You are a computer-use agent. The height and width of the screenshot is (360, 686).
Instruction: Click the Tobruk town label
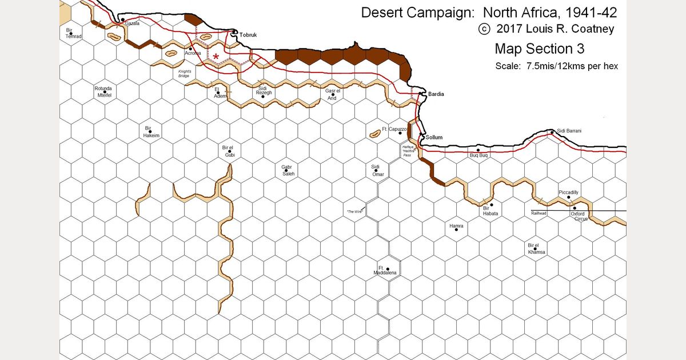coord(249,35)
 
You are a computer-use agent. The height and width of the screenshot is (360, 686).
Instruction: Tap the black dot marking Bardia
coord(420,93)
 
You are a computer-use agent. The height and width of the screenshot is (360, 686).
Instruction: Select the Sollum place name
coord(434,137)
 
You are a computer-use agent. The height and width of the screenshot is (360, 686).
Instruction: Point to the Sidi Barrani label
coord(569,131)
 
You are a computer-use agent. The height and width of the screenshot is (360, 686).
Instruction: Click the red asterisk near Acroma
coord(216,56)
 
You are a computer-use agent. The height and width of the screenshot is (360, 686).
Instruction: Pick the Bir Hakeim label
coord(151,132)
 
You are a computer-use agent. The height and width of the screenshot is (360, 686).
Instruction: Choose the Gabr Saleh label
coord(288,170)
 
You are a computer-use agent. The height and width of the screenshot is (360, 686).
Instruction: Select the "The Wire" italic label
coord(355,212)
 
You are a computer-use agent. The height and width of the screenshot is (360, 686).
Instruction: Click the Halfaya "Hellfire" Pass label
coord(408,150)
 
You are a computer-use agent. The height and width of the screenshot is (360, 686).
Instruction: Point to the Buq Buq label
coord(478,155)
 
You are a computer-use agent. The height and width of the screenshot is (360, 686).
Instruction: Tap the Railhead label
coord(539,213)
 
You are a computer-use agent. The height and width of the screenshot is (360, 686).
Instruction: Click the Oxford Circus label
coord(581,216)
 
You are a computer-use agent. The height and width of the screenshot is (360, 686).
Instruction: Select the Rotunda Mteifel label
coord(103,92)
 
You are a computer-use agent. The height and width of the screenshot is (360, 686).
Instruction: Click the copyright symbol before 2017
coord(485,29)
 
